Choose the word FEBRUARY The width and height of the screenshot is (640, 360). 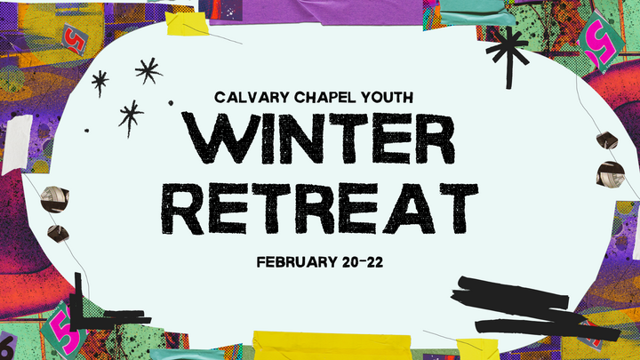pos(292,262)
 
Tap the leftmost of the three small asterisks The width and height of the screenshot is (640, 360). pos(100,84)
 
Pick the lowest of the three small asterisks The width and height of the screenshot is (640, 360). pos(132,116)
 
